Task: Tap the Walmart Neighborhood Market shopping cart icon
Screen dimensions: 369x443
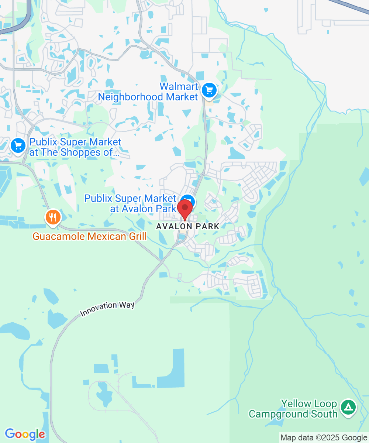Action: click(x=209, y=90)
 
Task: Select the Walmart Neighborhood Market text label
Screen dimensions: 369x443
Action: click(x=148, y=92)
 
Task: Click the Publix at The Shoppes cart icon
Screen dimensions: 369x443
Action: click(x=18, y=145)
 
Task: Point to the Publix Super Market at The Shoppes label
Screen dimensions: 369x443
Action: click(x=75, y=147)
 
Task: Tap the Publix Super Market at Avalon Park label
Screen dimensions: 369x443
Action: click(x=130, y=203)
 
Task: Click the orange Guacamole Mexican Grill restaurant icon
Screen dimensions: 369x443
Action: click(x=53, y=217)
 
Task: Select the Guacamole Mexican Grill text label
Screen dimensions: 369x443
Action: click(x=90, y=236)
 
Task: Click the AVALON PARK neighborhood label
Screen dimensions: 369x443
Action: click(x=188, y=226)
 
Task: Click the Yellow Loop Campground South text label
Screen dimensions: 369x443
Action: click(x=293, y=409)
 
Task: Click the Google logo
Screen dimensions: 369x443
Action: click(x=25, y=434)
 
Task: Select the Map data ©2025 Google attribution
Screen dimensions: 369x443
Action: click(x=324, y=438)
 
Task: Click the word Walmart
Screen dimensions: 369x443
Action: click(x=179, y=87)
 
